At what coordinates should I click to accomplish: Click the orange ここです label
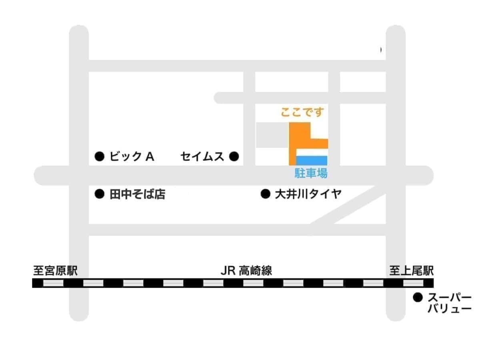click(302, 113)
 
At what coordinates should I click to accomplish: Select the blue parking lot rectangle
click(312, 161)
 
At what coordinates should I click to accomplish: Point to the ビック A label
click(132, 156)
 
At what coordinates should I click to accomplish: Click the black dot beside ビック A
click(99, 156)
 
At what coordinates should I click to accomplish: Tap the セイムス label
click(202, 156)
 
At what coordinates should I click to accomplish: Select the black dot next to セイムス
click(234, 156)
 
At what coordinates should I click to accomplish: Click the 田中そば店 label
click(137, 194)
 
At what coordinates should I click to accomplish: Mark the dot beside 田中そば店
click(99, 194)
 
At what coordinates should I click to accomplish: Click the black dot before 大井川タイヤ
click(265, 194)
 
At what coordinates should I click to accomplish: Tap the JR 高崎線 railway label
click(246, 271)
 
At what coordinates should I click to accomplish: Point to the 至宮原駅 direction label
click(55, 271)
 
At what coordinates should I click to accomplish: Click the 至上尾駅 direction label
click(411, 271)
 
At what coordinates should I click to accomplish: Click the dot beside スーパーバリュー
click(418, 297)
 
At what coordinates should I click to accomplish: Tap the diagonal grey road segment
click(344, 208)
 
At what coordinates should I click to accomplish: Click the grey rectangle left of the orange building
click(272, 135)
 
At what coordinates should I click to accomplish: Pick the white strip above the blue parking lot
click(312, 153)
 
